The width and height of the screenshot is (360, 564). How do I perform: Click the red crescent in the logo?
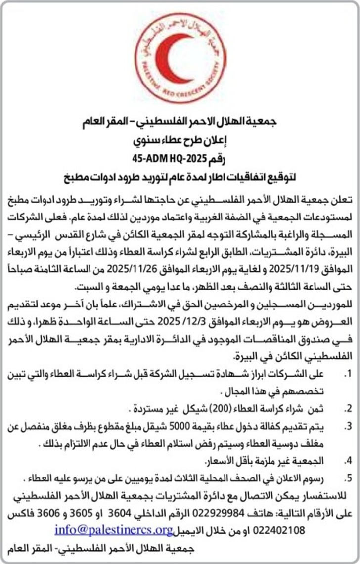(x=171, y=59)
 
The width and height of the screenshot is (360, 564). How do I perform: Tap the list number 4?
(x=348, y=461)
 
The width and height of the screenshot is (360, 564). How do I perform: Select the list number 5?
(x=348, y=478)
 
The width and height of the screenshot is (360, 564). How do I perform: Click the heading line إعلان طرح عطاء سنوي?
(x=180, y=142)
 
